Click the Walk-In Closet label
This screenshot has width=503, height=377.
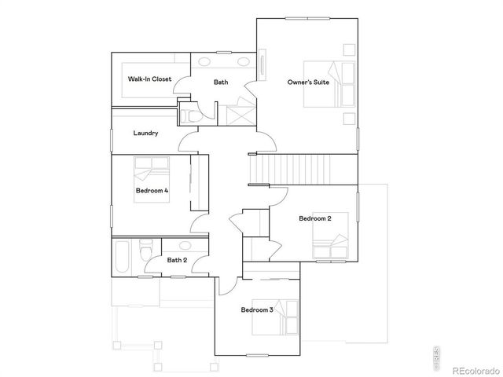(149, 79)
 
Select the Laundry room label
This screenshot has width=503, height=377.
(146, 134)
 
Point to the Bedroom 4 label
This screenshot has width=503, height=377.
(152, 191)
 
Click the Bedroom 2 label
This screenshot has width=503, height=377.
(314, 218)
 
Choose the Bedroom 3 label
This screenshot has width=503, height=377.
(257, 310)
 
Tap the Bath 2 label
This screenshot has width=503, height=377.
(177, 260)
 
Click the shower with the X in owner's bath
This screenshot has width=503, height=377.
(237, 114)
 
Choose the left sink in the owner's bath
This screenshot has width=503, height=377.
(205, 62)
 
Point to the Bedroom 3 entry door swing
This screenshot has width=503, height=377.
(229, 283)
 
